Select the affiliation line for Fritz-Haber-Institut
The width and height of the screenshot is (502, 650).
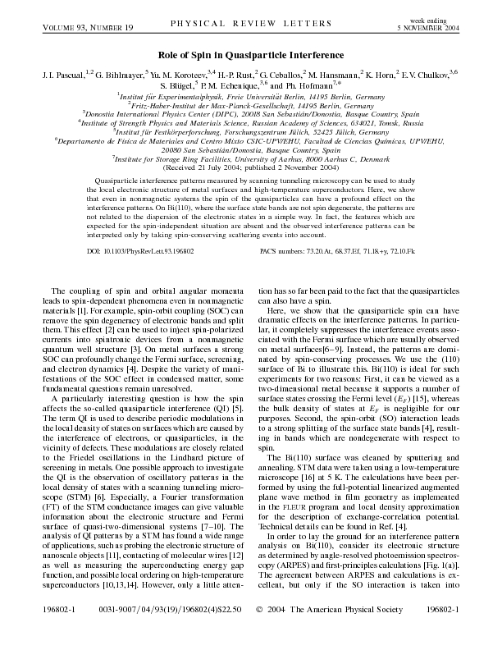250,105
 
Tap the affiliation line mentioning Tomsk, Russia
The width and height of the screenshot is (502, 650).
250,122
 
